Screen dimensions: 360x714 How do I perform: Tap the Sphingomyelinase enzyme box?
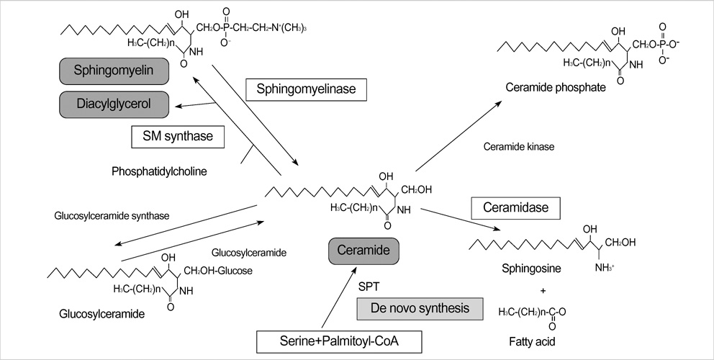tap(306, 90)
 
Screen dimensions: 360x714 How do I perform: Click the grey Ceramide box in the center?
tap(363, 252)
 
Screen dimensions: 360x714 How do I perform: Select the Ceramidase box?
tap(515, 209)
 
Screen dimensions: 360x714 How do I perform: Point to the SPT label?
tap(369, 286)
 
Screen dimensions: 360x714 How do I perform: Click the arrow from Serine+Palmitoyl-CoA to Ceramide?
tap(333, 299)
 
